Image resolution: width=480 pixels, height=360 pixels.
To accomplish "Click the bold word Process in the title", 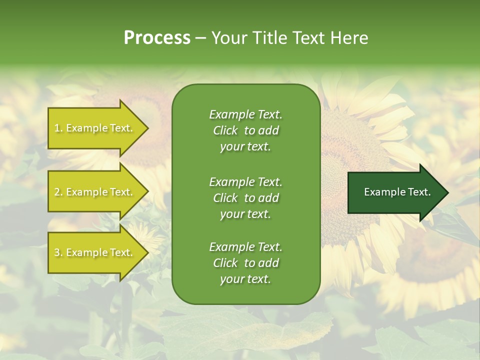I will pyautogui.click(x=157, y=38).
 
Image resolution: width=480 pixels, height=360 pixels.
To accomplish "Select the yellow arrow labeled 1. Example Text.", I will pyautogui.click(x=94, y=128).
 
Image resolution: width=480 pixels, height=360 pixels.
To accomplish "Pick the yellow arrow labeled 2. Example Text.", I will pyautogui.click(x=94, y=192).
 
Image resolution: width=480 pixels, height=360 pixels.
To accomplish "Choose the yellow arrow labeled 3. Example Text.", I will pyautogui.click(x=94, y=252).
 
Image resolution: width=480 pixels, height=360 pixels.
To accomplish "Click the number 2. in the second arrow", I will pyautogui.click(x=58, y=192).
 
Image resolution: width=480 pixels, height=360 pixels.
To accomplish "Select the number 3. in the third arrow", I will pyautogui.click(x=58, y=252).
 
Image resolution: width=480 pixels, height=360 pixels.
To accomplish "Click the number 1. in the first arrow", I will pyautogui.click(x=58, y=128).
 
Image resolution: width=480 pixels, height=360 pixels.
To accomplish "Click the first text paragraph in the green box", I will pyautogui.click(x=245, y=130).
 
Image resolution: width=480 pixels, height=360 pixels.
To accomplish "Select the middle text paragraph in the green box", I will pyautogui.click(x=245, y=198).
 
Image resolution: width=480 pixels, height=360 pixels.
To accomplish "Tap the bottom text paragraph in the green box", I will pyautogui.click(x=245, y=263).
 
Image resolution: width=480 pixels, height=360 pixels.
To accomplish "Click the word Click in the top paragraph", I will pyautogui.click(x=225, y=130).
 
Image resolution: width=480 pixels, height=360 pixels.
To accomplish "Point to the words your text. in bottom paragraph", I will pyautogui.click(x=245, y=279).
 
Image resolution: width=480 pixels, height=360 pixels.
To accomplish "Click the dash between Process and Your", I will pyautogui.click(x=200, y=38).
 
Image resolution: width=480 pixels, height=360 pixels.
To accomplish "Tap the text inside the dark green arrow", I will pyautogui.click(x=397, y=192).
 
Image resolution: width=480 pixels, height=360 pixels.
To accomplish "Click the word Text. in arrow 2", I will pyautogui.click(x=121, y=192).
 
